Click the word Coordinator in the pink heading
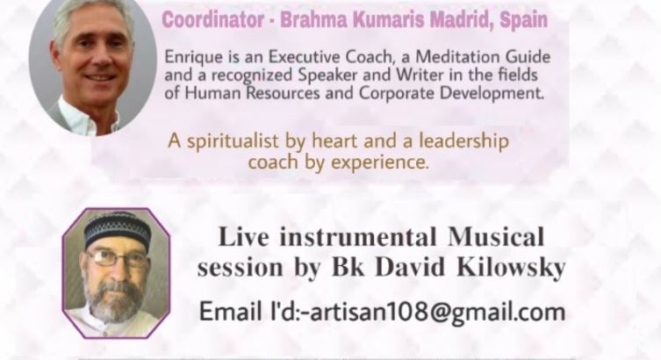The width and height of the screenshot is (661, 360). (213, 19)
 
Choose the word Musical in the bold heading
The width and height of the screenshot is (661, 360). (496, 236)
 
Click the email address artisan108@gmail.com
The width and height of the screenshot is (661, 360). (437, 312)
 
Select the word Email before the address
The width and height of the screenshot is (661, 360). (230, 311)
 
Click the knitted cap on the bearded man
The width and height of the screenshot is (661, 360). (118, 230)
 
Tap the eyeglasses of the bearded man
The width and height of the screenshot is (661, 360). (118, 257)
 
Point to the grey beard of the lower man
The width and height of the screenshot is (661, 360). (114, 299)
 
